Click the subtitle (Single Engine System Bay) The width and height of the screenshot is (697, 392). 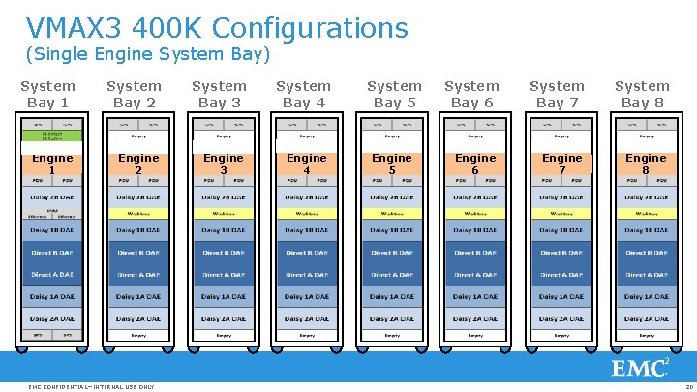147,54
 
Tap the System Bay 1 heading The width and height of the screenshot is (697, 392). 47,94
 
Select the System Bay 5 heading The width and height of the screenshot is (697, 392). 394,94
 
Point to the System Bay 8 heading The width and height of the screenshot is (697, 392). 642,94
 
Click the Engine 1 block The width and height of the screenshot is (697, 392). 52,163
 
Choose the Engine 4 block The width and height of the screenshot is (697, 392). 307,163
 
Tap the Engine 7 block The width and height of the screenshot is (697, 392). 561,163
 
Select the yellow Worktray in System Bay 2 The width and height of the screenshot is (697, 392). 138,213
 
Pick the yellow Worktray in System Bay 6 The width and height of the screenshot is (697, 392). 477,213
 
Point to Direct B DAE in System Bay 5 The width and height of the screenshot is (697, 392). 392,252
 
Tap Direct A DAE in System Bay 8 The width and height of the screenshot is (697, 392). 647,274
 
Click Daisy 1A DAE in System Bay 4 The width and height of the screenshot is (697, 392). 308,296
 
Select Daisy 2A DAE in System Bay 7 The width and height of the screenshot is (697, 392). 562,318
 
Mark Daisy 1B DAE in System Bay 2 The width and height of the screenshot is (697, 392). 138,230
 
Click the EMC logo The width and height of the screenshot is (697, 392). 640,367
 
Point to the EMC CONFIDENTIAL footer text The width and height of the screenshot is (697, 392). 91,386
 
